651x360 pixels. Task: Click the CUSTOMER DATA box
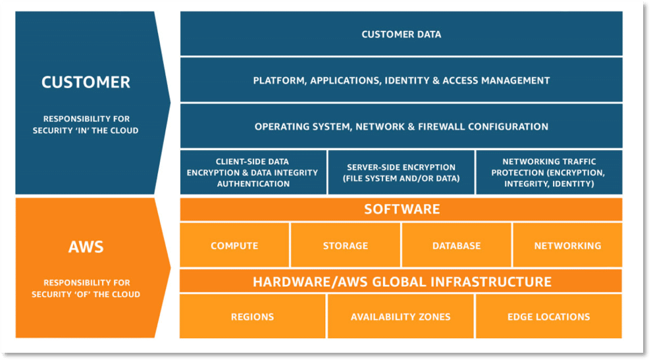[401, 34]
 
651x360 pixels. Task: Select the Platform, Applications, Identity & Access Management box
[401, 80]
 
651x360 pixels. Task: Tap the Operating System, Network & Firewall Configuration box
[401, 126]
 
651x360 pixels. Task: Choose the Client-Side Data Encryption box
[253, 172]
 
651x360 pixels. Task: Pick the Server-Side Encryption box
[400, 172]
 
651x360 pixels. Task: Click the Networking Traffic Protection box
[548, 172]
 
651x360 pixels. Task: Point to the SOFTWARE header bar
[401, 209]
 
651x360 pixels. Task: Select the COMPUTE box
[234, 245]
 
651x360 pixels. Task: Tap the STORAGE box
[346, 245]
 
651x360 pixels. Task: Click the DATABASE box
[456, 245]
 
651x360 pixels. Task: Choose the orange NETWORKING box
[567, 245]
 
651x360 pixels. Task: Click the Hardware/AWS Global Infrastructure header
[401, 282]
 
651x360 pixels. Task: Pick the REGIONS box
[252, 317]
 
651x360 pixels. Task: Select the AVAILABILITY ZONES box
[400, 317]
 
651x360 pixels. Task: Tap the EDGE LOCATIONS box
[548, 317]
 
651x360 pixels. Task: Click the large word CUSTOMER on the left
[86, 82]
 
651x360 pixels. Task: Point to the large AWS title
[86, 247]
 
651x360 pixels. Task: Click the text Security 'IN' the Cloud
[86, 130]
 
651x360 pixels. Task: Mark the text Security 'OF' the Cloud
[86, 294]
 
